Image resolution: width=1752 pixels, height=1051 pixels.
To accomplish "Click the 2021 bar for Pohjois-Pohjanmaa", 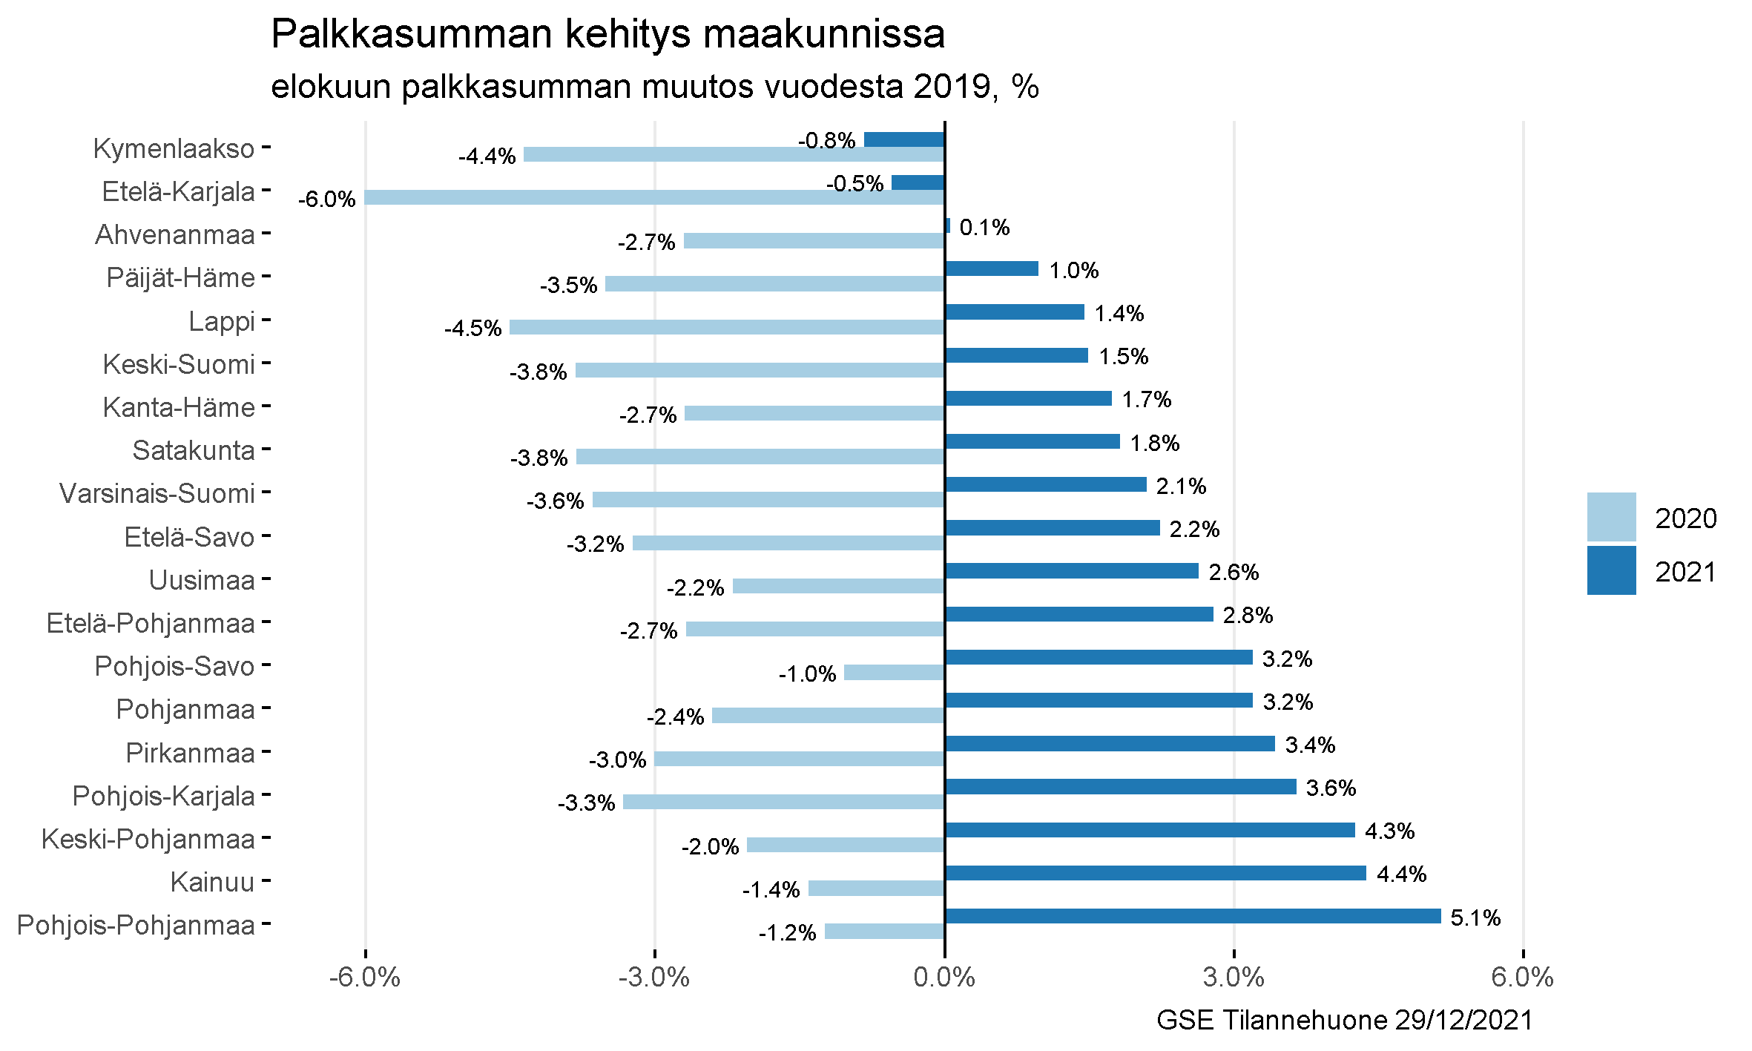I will tap(1193, 916).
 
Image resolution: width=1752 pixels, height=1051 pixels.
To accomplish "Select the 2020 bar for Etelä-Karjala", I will tap(654, 197).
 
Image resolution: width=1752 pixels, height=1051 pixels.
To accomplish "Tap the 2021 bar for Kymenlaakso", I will tap(904, 139).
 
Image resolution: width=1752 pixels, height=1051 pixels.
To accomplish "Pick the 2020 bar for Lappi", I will tap(727, 327).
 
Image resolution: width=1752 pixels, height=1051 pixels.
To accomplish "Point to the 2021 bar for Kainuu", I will tap(1156, 873).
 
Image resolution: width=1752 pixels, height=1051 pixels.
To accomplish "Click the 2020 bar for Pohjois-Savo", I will tap(894, 673).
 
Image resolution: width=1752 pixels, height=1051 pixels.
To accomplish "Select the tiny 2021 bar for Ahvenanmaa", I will tap(947, 225).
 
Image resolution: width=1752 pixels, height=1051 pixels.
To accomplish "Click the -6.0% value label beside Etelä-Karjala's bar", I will tap(326, 200).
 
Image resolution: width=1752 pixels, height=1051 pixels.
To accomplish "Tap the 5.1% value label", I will tap(1475, 918).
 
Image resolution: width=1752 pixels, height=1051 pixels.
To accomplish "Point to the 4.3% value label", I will tap(1389, 831).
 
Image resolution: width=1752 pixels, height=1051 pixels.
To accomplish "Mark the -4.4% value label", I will tap(487, 157).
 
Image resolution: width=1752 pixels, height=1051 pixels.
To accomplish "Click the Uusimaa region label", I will tap(202, 580).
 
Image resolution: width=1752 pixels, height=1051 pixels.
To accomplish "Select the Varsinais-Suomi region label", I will tap(157, 493).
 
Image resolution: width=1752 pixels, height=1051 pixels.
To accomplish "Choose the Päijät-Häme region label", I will tap(181, 278).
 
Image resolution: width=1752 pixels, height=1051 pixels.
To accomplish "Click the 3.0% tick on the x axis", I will tap(1234, 978).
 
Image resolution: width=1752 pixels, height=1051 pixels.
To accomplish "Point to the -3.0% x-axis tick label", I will tap(654, 978).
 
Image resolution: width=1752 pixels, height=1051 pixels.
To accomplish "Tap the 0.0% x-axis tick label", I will tap(944, 978).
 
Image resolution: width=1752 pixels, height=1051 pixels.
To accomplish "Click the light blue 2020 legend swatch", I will tap(1611, 517).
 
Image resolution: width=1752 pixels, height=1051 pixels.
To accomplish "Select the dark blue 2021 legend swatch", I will tap(1611, 570).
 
